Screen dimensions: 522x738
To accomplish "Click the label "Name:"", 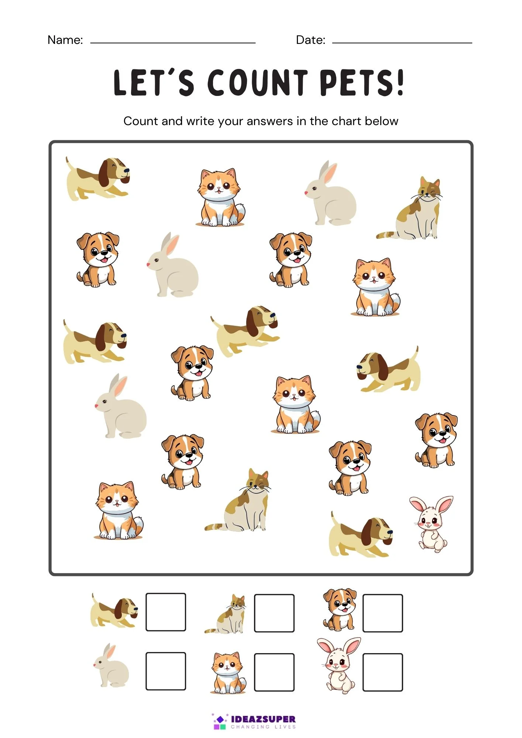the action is coord(65,40).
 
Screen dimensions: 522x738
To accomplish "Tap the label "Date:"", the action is coord(311,40).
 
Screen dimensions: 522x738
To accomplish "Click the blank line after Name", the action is coord(173,43).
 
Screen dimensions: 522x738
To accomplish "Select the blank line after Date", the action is coord(402,43).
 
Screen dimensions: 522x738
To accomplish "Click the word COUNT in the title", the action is coord(257,83).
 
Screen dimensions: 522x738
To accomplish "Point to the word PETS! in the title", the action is coord(362,83).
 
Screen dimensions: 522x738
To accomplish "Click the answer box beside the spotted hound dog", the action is coord(166,612).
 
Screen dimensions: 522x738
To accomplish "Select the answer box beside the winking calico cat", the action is coord(274,613).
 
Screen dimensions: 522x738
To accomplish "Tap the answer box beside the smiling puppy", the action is coord(383,613).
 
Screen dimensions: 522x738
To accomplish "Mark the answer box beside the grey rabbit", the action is coord(166,671).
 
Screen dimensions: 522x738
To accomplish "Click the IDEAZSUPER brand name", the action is coord(263,719).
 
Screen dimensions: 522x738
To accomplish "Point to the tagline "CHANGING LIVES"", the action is coord(263,727).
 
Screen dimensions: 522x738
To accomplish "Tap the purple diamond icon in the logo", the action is coord(220,719).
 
